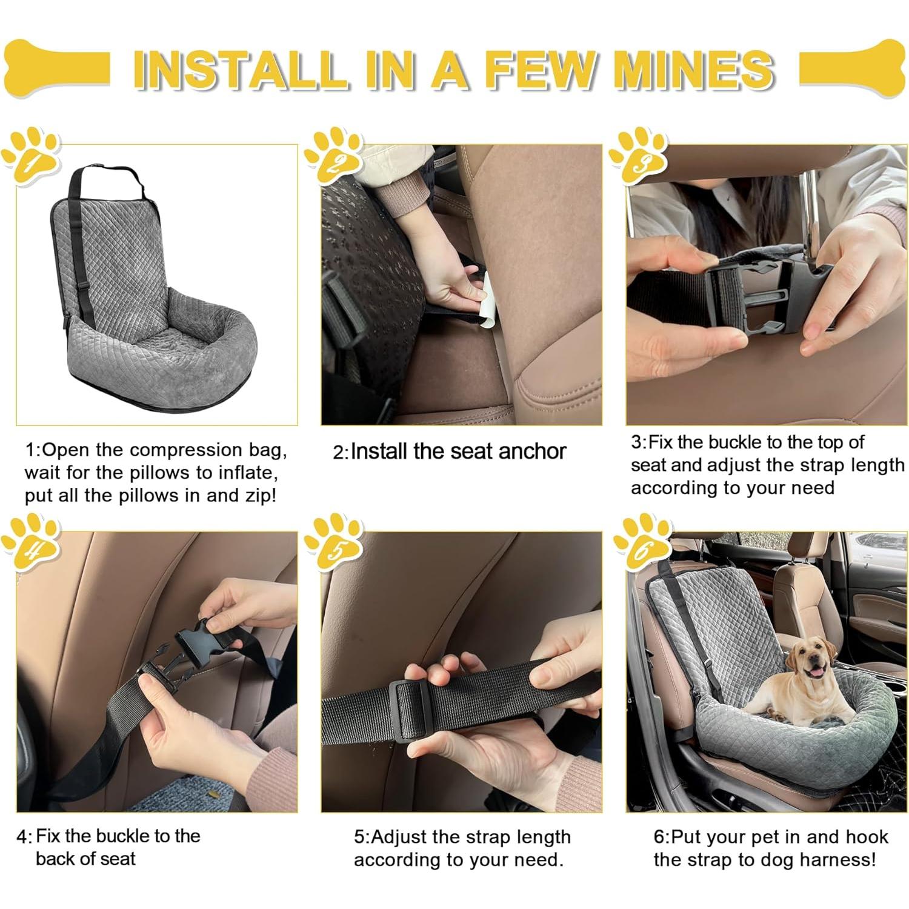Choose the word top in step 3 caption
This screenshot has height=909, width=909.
tap(831, 442)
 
